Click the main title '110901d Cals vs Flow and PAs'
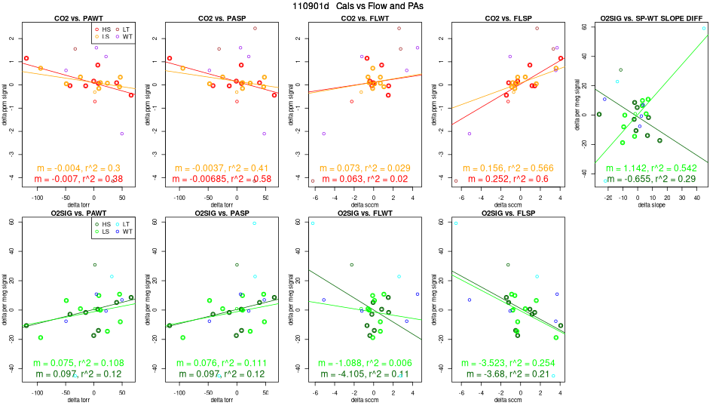[358, 6]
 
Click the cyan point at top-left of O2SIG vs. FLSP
[456, 223]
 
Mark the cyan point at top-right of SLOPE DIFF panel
[703, 28]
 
